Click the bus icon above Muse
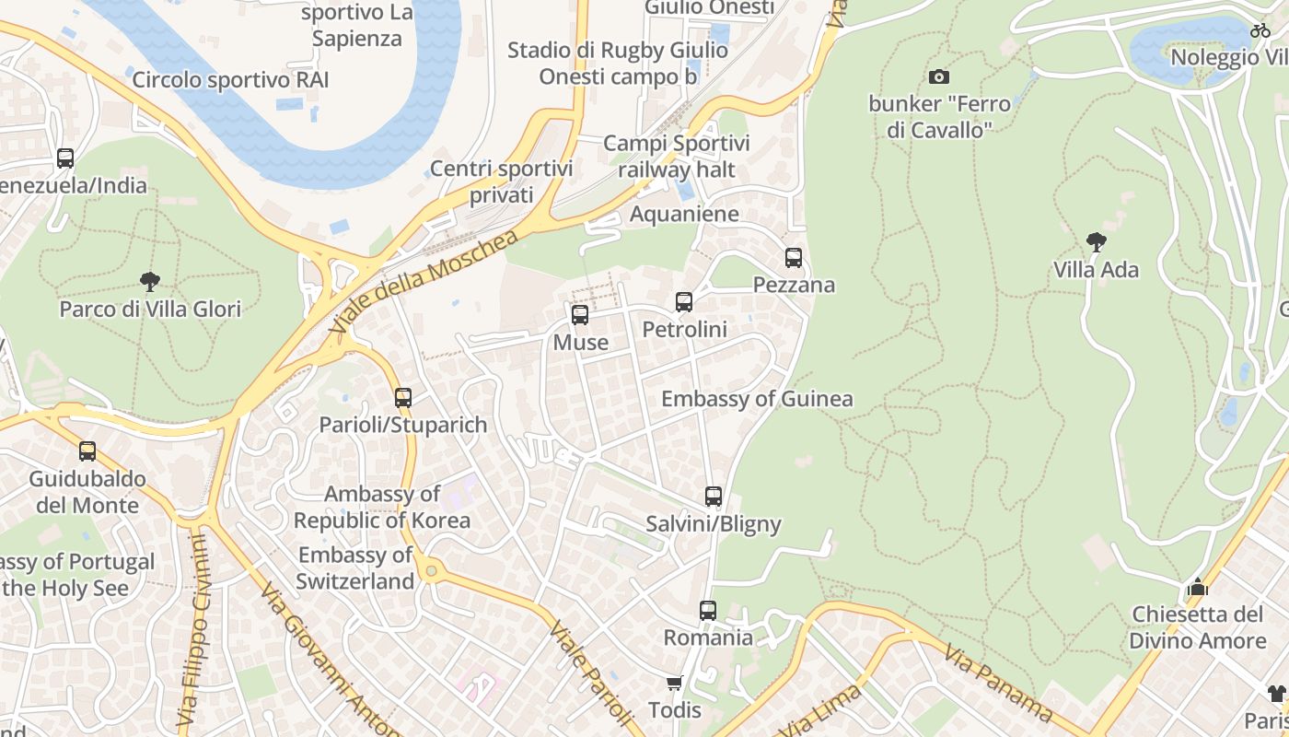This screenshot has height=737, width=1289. point(580,315)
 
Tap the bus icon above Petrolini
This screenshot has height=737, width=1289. point(684,302)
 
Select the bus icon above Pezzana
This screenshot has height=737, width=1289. point(794,258)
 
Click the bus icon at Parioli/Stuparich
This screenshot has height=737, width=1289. point(403,398)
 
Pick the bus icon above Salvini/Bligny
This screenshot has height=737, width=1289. point(714,497)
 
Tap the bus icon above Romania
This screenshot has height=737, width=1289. point(708,610)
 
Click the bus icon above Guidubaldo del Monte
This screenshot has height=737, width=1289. point(87,451)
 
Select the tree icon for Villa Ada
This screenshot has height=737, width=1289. point(1096,242)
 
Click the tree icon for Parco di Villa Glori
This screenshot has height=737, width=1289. point(150,281)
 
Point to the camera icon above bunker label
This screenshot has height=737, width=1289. point(939,76)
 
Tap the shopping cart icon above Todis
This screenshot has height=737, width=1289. point(675,683)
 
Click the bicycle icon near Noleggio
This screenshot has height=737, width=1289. point(1260,30)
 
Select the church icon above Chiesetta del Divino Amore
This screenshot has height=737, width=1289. point(1197,586)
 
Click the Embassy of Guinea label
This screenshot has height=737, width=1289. point(757,399)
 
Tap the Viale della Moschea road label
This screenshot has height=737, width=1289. point(424,282)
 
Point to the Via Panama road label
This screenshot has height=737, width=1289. point(998,683)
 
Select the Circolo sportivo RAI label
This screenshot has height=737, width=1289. point(230,79)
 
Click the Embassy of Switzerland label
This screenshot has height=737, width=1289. point(355,568)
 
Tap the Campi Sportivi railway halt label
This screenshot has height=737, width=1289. point(677,157)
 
